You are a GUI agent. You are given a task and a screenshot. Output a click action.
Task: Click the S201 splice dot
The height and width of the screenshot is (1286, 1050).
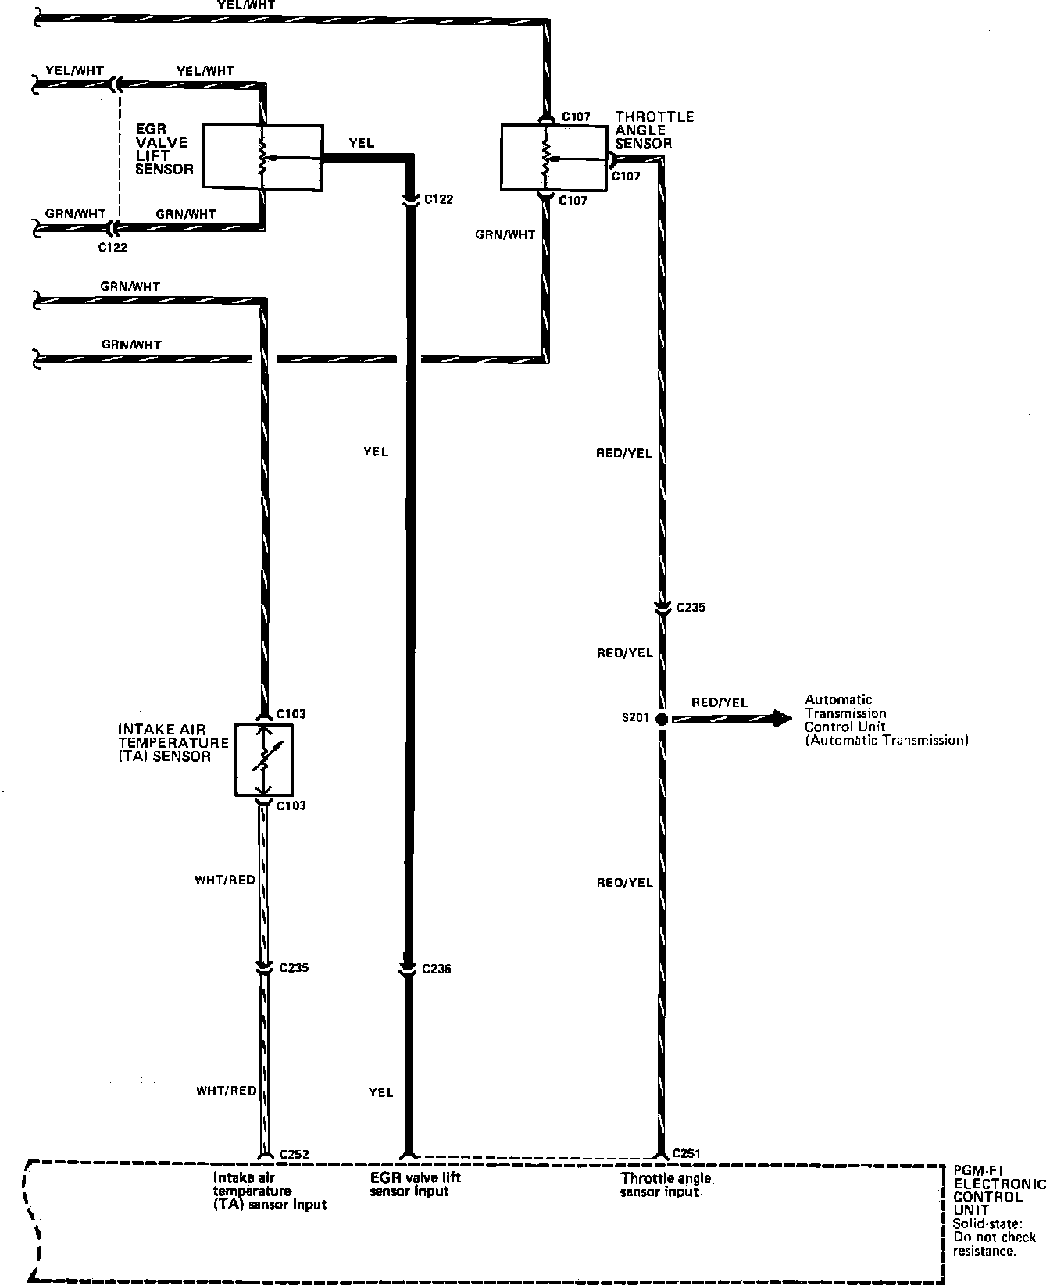[661, 719]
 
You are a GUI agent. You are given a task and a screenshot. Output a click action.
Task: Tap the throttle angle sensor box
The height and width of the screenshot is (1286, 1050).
[553, 156]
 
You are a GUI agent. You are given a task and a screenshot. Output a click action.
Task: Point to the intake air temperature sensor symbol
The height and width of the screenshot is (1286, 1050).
[264, 759]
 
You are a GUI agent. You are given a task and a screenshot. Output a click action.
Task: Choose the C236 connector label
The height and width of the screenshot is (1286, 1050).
[437, 970]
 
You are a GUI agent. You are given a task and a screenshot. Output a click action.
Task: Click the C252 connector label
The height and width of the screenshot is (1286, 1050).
[295, 1155]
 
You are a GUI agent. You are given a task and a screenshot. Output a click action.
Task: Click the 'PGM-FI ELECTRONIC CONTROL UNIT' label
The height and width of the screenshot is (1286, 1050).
[998, 1197]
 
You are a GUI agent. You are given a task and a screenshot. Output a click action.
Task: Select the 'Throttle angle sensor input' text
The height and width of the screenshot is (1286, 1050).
[666, 1184]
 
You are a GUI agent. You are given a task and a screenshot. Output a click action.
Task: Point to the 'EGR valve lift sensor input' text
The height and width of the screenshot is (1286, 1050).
[416, 1184]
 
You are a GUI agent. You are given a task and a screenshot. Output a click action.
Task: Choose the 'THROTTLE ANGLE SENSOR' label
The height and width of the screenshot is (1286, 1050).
[654, 130]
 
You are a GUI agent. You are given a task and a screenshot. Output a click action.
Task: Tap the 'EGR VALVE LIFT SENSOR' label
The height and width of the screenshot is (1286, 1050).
[163, 148]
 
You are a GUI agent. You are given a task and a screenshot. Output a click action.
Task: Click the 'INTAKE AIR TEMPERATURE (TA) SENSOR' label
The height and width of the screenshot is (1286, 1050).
[173, 743]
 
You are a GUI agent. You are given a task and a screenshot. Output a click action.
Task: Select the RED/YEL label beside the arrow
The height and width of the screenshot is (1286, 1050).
[720, 702]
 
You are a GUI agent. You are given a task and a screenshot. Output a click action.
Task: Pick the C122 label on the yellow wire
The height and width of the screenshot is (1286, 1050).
[438, 199]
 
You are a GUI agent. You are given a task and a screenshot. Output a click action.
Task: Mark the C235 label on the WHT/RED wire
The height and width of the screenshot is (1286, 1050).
[294, 968]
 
